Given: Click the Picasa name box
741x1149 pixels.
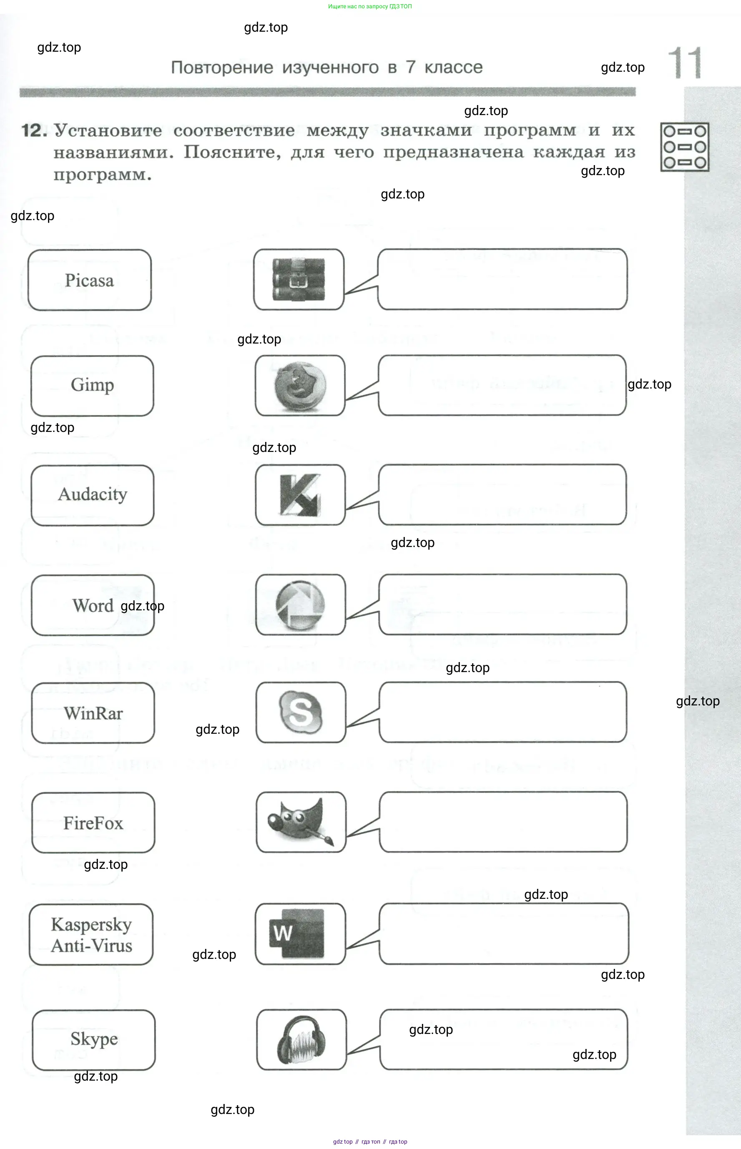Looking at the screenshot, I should click(x=90, y=280).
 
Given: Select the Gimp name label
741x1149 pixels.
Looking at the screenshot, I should click(x=93, y=385).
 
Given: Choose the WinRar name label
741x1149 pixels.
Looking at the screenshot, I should click(x=93, y=713).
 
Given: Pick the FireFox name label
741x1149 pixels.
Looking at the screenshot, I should click(x=93, y=823).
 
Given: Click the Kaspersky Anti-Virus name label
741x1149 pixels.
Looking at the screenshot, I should click(x=91, y=934).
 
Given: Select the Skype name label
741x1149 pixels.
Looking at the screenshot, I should click(x=94, y=1039).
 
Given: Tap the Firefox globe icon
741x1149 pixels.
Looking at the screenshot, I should click(x=300, y=386).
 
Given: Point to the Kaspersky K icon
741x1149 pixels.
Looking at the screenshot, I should click(x=300, y=495).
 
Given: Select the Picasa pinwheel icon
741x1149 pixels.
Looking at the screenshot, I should click(x=300, y=605).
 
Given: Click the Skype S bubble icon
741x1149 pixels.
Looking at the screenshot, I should click(x=301, y=712).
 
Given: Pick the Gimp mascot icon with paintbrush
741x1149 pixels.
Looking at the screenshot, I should click(x=301, y=822).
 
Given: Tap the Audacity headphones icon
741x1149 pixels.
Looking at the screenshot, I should click(x=301, y=1039).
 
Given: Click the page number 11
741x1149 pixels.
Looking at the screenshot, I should click(x=685, y=63).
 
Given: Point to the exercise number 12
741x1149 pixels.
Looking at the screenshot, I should click(x=34, y=131).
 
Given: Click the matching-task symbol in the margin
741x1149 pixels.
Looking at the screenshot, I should click(x=684, y=147).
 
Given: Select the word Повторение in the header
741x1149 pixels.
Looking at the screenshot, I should click(x=222, y=68).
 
